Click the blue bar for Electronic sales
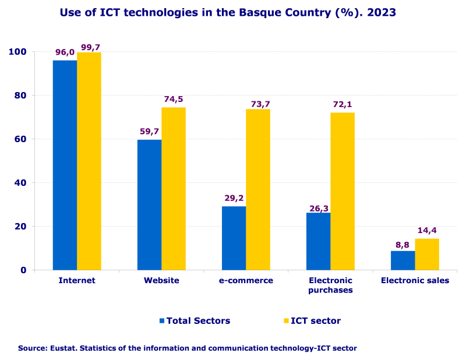403,260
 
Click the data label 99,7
90,47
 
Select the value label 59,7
150,132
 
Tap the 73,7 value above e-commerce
258,104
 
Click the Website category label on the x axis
161,281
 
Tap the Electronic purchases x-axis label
330,285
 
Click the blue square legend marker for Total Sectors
162,321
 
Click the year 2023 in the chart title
382,12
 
